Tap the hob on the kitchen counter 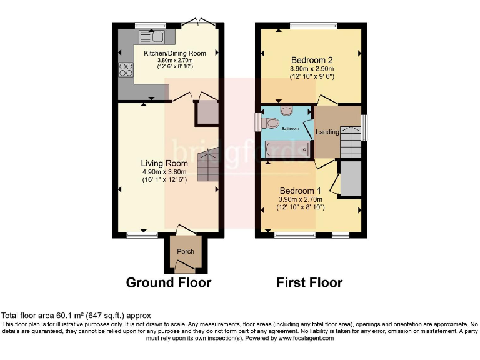coord(122,69)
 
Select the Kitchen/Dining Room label coord(174,53)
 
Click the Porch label coord(185,252)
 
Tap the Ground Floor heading coord(169,282)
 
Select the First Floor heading coord(309,282)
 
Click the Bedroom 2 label coord(311,60)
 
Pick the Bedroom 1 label coord(300,191)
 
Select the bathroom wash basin coord(287,111)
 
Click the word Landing coord(327,132)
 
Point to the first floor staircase coord(350,141)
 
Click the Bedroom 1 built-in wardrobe coord(351,179)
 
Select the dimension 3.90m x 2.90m coord(311,69)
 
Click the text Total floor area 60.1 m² coord(76,316)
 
